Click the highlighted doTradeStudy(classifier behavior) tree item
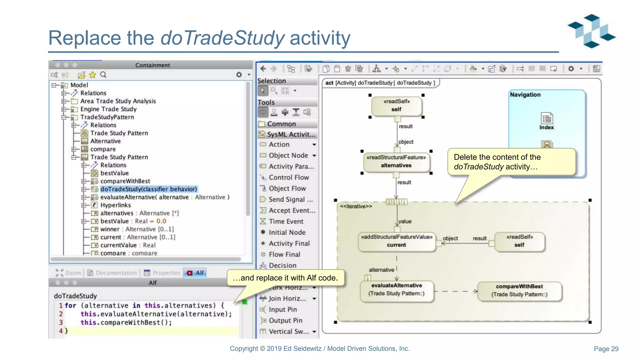[x=148, y=189]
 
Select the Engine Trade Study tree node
[x=108, y=109]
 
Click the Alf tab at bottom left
[x=196, y=273]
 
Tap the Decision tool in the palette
[x=282, y=265]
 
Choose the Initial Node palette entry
[x=287, y=232]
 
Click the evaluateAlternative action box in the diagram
[x=396, y=289]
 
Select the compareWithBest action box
[x=519, y=290]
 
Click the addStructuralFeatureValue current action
[x=396, y=241]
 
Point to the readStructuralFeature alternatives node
[x=396, y=161]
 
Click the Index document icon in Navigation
[x=547, y=119]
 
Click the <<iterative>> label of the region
[x=356, y=206]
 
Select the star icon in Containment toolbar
[x=92, y=75]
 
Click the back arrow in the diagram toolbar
[x=263, y=69]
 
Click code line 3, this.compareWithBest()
[x=126, y=322]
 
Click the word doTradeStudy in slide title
[x=222, y=38]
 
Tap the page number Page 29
[x=606, y=349]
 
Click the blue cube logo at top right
[x=592, y=31]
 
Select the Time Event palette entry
[x=286, y=221]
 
